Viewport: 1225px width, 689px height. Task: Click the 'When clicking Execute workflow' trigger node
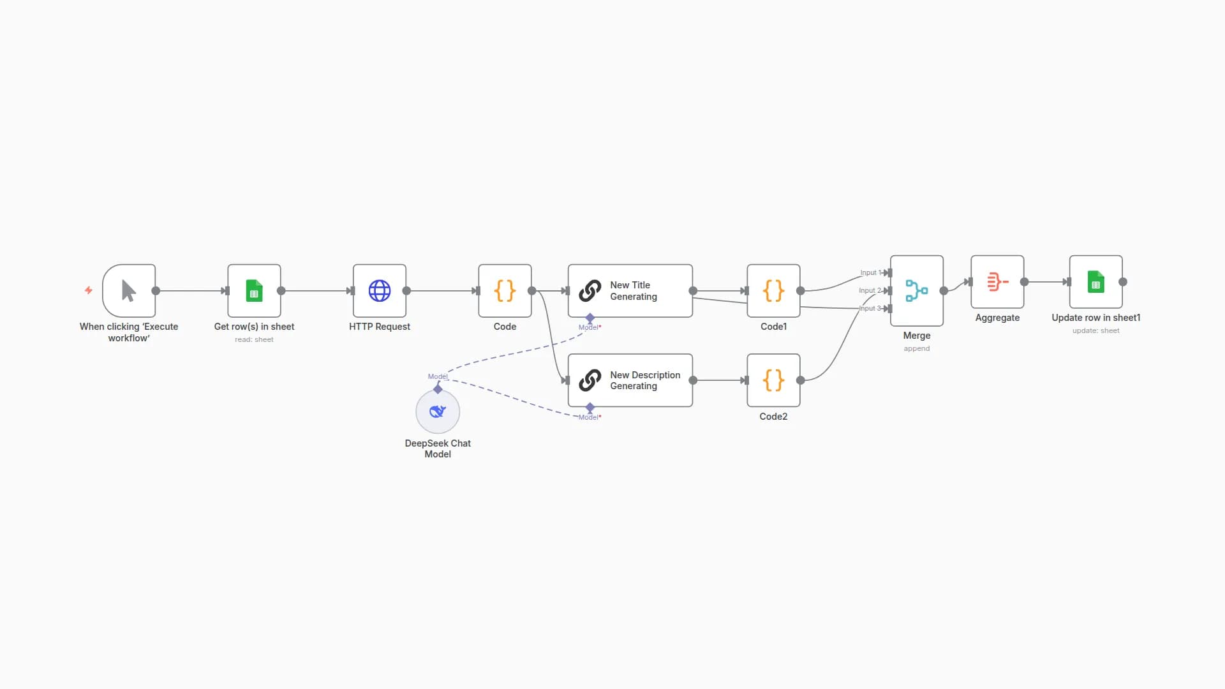129,291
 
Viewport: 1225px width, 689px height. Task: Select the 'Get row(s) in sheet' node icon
254,291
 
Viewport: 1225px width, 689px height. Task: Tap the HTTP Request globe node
380,291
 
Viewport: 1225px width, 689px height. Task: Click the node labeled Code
505,291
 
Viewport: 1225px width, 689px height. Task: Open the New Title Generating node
630,291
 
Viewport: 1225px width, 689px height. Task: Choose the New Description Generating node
630,380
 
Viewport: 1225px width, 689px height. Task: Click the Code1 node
773,291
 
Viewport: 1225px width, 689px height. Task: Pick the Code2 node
773,380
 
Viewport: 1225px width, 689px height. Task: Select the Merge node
917,291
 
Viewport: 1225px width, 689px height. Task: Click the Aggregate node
997,282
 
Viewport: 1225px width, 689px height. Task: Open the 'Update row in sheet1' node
1095,282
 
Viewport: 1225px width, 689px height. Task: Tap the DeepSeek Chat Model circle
438,411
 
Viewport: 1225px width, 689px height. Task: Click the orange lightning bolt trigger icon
89,290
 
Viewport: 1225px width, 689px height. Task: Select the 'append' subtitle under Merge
917,348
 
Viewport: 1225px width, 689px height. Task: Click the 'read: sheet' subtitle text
254,339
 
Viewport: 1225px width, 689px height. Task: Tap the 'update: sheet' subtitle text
1095,330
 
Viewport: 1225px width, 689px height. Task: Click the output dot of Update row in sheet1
1123,282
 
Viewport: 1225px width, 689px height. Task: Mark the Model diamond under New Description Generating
590,407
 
